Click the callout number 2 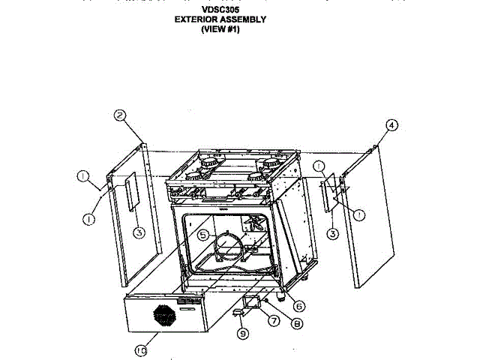point(119,115)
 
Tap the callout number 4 point(391,125)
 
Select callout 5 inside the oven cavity point(202,235)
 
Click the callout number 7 point(273,320)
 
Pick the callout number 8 point(298,325)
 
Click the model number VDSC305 point(220,10)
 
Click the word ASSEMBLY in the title point(247,20)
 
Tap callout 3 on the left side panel point(139,232)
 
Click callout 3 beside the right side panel point(333,233)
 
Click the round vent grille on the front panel point(164,316)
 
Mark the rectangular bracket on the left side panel point(131,191)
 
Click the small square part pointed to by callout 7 point(250,304)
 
